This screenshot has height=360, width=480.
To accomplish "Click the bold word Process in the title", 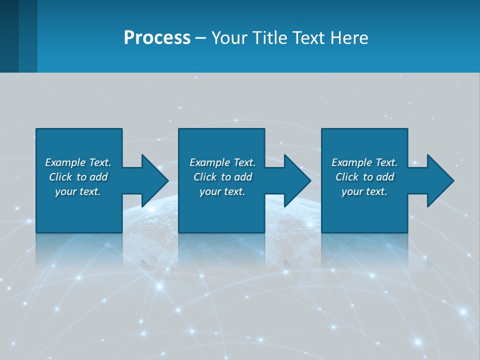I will coord(157,38).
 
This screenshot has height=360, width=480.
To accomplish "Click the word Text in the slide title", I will coord(309,38).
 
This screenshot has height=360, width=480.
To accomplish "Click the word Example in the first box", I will coord(65,162).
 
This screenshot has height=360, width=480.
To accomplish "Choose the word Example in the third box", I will coord(352,162).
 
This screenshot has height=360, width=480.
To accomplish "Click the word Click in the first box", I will coord(60,177).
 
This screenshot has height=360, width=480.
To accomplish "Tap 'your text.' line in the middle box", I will coord(222,191).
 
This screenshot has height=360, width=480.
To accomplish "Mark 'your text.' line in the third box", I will coord(364,191).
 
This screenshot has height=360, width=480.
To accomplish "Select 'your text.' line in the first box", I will coord(77,191).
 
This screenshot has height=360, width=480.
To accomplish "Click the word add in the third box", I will coord(385,177).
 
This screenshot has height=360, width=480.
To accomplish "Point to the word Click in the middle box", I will coord(205,177).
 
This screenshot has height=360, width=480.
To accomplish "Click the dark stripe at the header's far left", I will coord(9,36).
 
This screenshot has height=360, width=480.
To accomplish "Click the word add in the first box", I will coord(98,177).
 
